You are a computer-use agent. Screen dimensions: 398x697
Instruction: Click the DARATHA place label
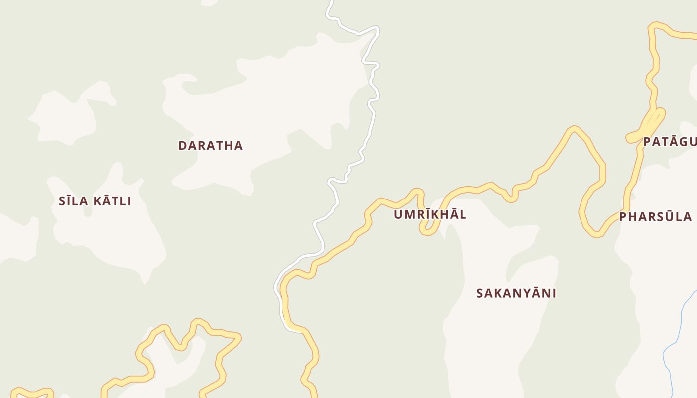click(x=211, y=145)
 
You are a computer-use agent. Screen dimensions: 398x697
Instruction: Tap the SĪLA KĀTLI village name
click(x=95, y=201)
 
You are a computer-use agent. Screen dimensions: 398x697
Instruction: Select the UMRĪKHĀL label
click(x=430, y=214)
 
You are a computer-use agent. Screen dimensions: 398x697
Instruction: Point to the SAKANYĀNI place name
click(x=516, y=293)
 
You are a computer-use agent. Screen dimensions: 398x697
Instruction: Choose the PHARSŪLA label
click(x=655, y=217)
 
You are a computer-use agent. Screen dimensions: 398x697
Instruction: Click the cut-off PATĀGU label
click(x=670, y=142)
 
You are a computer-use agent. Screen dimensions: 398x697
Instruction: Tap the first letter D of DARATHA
click(x=182, y=146)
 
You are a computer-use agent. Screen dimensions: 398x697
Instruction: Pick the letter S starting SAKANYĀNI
click(x=480, y=294)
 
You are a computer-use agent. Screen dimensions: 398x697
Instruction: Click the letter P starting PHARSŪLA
click(x=623, y=217)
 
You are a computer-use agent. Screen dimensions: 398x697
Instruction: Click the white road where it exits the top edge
click(x=331, y=2)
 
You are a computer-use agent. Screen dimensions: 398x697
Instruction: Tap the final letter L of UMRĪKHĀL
click(x=463, y=215)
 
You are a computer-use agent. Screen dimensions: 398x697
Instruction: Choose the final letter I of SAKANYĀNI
click(x=554, y=294)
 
